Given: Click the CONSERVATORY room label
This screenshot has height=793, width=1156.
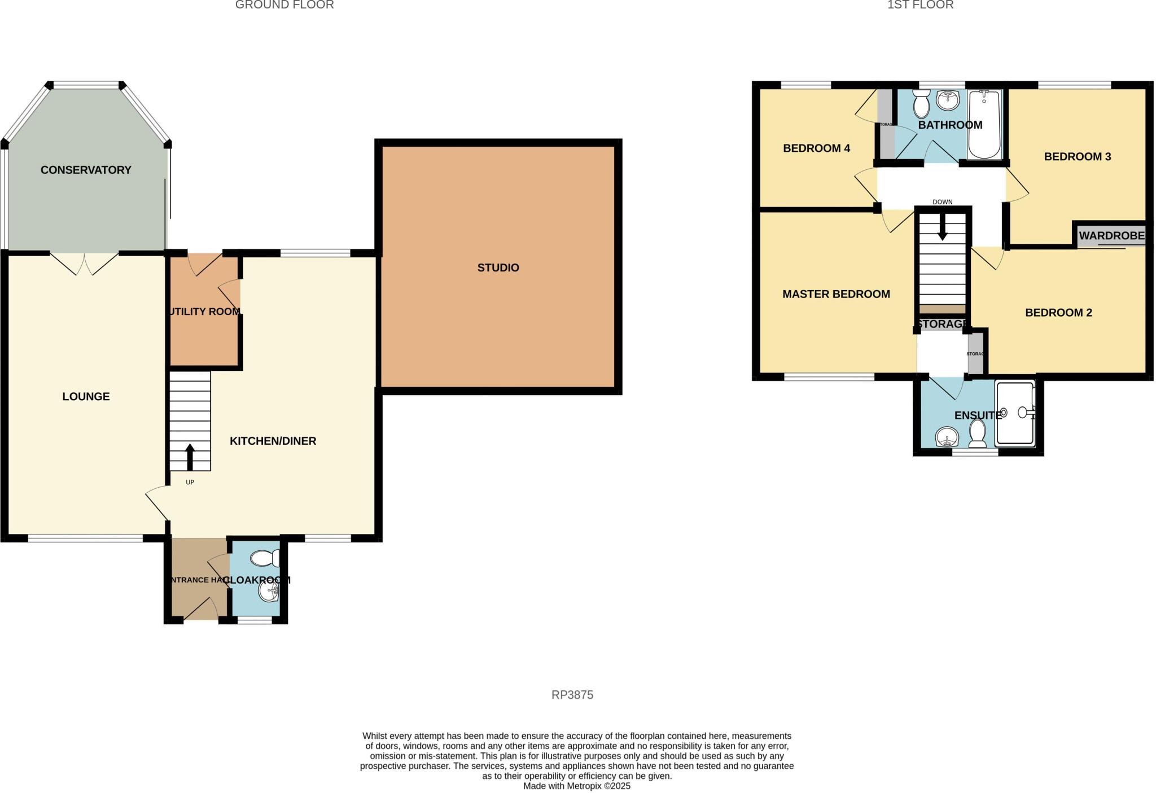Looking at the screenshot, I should tap(86, 170).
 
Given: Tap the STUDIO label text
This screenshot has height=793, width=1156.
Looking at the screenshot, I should tap(498, 268).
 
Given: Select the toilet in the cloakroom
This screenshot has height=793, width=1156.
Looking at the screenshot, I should tap(264, 558).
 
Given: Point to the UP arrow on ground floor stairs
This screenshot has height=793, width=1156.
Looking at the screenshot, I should tap(190, 456).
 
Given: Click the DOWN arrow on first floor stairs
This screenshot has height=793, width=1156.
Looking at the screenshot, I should tap(942, 228).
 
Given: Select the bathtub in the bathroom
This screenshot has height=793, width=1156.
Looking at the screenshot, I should tap(984, 125).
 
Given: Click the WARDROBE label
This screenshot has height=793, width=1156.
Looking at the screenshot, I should tap(1111, 235).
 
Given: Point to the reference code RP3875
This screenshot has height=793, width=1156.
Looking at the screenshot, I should tap(572, 695).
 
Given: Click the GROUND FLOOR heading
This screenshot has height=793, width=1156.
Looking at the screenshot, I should tap(284, 5).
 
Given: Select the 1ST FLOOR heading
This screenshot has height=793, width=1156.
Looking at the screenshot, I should tap(920, 5).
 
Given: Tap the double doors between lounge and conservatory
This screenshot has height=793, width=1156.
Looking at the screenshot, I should tap(85, 263).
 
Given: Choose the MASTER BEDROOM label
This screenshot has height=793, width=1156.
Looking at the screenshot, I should tap(836, 294).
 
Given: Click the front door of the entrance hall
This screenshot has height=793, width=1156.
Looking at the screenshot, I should tap(201, 611).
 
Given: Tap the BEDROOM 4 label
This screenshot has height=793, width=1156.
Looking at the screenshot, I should tap(816, 148).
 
